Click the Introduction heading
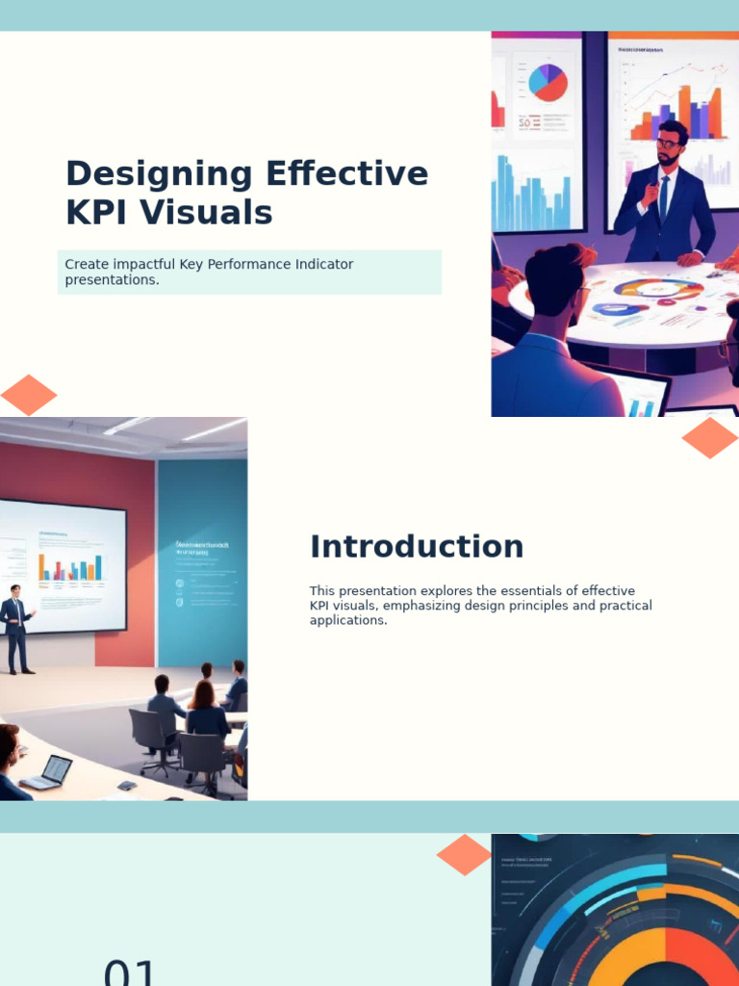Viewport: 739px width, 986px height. point(417,547)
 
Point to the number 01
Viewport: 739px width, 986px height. point(130,973)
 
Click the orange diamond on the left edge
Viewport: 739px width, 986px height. point(28,395)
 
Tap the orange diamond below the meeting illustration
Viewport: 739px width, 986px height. point(710,438)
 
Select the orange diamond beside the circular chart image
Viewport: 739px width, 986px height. point(464,855)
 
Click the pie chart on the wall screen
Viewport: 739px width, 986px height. point(548,82)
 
